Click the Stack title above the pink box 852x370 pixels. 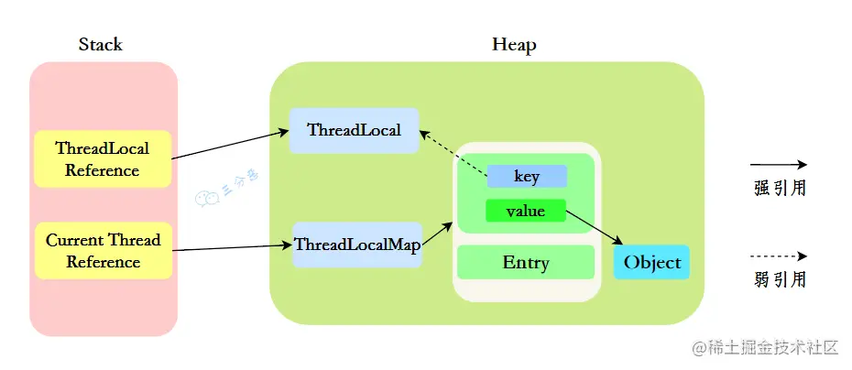click(x=101, y=44)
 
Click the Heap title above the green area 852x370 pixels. click(x=514, y=44)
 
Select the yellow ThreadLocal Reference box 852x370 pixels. click(x=103, y=158)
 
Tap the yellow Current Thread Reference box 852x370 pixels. click(x=103, y=251)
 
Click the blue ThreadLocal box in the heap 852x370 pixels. click(x=354, y=130)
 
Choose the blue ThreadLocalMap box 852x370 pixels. click(x=356, y=245)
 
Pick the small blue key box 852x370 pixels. click(x=526, y=176)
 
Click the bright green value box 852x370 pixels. click(x=526, y=211)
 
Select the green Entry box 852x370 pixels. click(x=526, y=263)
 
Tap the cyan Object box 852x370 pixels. click(x=652, y=263)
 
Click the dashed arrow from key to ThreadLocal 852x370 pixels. click(x=453, y=152)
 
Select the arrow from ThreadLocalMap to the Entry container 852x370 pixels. click(x=437, y=233)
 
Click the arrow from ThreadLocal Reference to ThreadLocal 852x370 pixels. click(x=229, y=146)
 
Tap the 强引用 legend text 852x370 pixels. click(x=780, y=189)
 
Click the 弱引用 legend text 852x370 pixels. click(x=780, y=279)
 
